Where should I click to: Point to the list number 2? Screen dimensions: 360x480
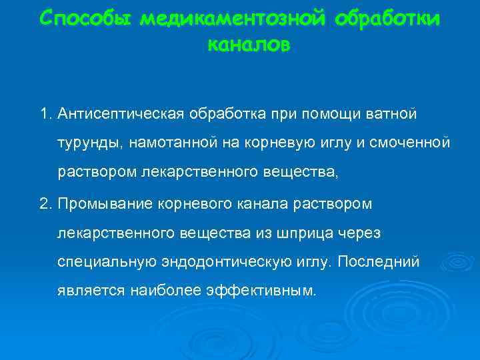pos(45,202)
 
